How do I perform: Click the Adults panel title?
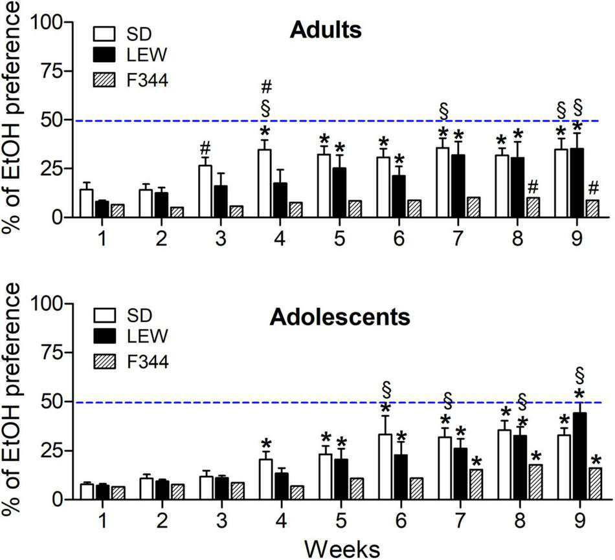pos(325,31)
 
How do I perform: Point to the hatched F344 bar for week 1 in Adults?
pos(117,211)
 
